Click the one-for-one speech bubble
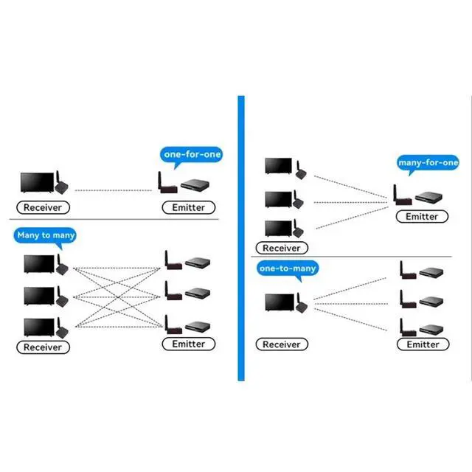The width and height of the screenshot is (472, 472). pyautogui.click(x=191, y=155)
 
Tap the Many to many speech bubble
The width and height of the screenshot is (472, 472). pyautogui.click(x=45, y=235)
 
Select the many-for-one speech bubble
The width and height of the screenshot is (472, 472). pyautogui.click(x=428, y=163)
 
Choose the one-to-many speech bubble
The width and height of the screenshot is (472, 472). pyautogui.click(x=288, y=268)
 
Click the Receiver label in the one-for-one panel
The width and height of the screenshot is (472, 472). pyautogui.click(x=43, y=207)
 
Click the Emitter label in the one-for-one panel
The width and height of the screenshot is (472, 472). pyautogui.click(x=189, y=207)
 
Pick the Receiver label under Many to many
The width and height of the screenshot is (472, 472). pyautogui.click(x=43, y=347)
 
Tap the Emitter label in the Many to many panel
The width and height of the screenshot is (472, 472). pyautogui.click(x=189, y=344)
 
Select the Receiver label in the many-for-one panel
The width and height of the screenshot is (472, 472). pyautogui.click(x=282, y=248)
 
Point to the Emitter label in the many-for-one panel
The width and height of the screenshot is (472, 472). pyautogui.click(x=422, y=216)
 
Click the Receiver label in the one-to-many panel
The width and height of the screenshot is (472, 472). pyautogui.click(x=282, y=344)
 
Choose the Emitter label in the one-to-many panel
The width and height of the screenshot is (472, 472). pyautogui.click(x=423, y=344)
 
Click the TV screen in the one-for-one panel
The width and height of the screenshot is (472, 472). pyautogui.click(x=38, y=182)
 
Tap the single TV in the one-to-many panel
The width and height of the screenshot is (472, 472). pyautogui.click(x=280, y=302)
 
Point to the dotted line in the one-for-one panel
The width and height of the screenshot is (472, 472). pyautogui.click(x=113, y=190)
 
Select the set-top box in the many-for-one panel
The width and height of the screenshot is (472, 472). pyautogui.click(x=428, y=198)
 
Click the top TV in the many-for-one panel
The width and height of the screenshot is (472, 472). pyautogui.click(x=279, y=166)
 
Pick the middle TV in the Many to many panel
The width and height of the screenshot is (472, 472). pyautogui.click(x=39, y=296)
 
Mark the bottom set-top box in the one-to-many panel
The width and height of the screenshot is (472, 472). pyautogui.click(x=431, y=330)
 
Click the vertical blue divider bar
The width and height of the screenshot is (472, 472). pyautogui.click(x=241, y=238)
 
